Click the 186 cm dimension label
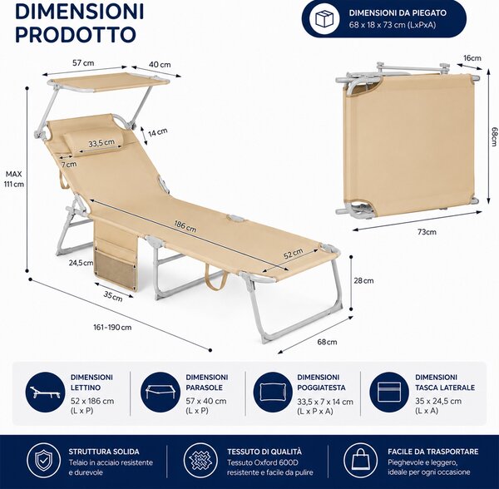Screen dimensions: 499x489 [x=185, y=226]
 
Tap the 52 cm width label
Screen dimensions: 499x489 [x=294, y=253]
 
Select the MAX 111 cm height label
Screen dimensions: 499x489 [x=14, y=179]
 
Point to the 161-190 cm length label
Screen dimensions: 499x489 [x=112, y=327]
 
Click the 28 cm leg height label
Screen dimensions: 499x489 [x=363, y=280]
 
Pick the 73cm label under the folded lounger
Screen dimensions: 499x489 [x=427, y=232]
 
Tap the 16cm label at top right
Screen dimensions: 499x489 [x=472, y=58]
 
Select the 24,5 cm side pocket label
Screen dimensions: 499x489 [x=82, y=263]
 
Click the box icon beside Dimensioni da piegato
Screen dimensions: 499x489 [x=325, y=19]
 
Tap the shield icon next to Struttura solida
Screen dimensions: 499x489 [x=43, y=460]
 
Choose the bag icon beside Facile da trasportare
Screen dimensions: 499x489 [x=360, y=460]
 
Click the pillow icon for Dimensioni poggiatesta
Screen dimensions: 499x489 [x=274, y=393]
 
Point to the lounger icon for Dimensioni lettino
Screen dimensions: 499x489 [x=46, y=393]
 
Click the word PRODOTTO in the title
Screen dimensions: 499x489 [x=76, y=34]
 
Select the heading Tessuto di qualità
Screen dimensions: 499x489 [x=264, y=452]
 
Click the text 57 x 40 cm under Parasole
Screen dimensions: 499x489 [x=206, y=401]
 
